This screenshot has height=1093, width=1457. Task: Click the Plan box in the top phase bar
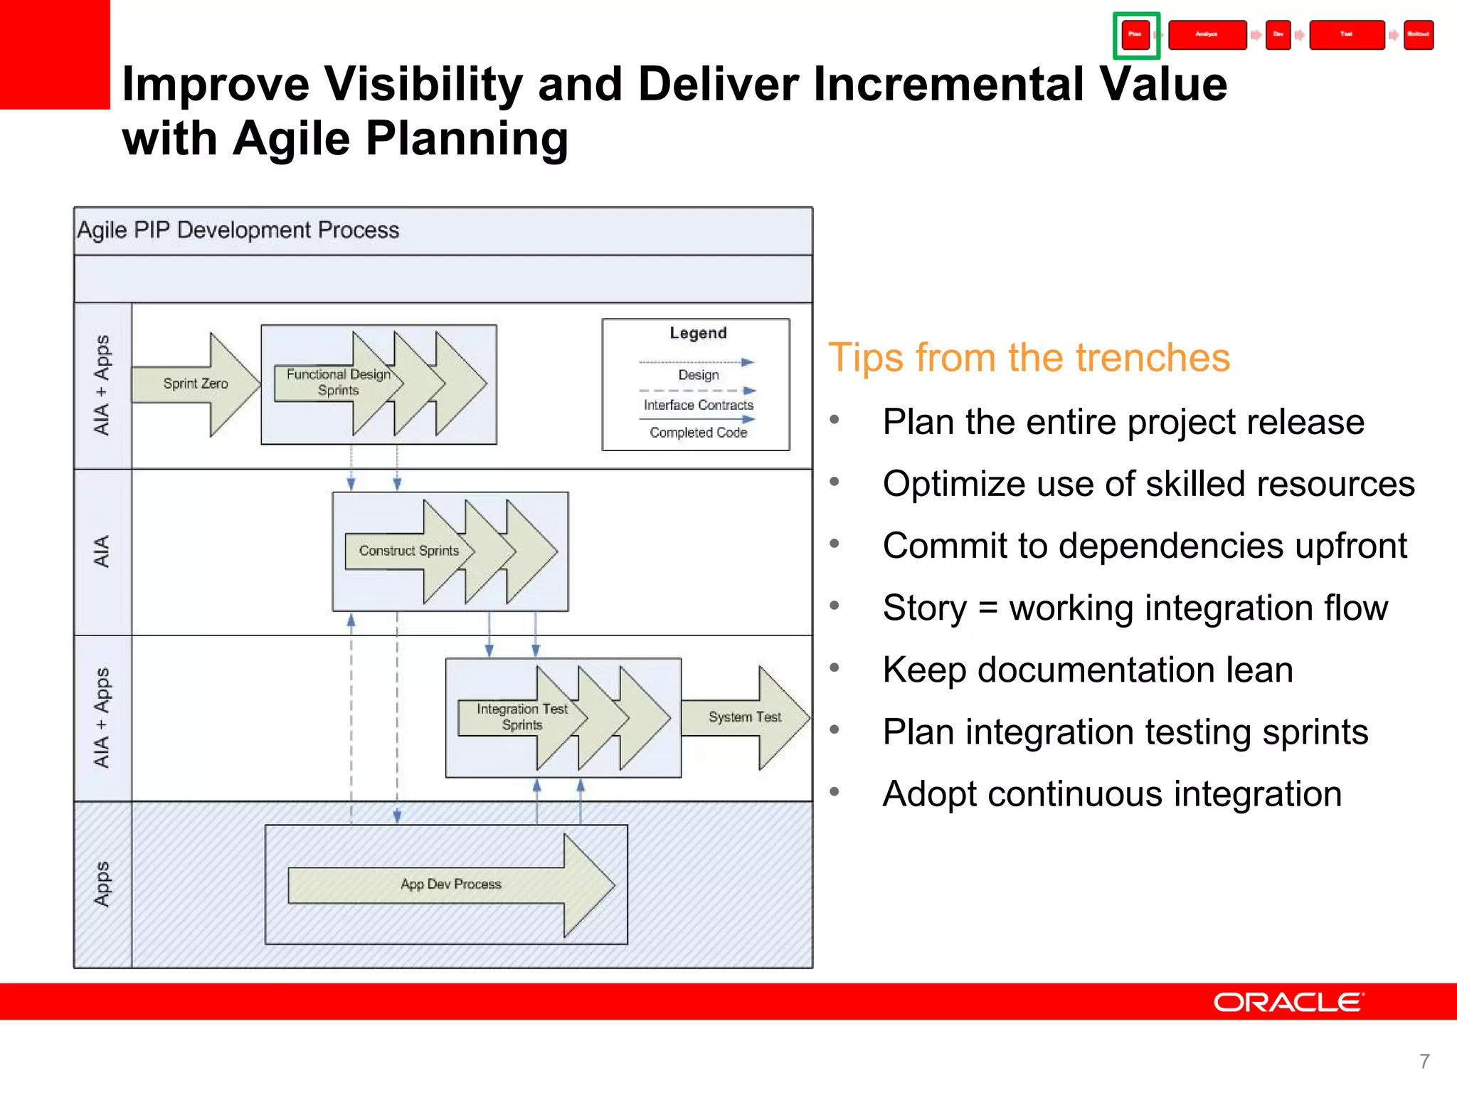(x=1135, y=35)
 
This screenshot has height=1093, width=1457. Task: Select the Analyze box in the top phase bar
(x=1207, y=35)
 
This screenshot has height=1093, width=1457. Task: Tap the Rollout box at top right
(x=1418, y=35)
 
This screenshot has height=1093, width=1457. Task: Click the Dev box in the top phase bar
(x=1278, y=35)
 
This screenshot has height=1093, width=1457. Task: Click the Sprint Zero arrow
(x=196, y=384)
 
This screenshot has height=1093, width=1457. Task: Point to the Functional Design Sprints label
(x=339, y=382)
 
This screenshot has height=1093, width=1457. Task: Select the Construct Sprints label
(x=408, y=551)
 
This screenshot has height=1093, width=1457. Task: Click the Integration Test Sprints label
(x=521, y=717)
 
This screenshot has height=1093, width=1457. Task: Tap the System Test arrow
(x=744, y=717)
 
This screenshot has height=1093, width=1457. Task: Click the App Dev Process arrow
(x=450, y=885)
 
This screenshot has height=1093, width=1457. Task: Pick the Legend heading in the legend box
(x=698, y=333)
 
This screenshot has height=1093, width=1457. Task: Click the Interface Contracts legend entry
(x=698, y=405)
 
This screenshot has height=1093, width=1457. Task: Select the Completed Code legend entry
(x=698, y=433)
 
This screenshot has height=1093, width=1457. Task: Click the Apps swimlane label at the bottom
(x=102, y=885)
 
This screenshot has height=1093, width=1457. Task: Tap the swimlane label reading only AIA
(x=102, y=551)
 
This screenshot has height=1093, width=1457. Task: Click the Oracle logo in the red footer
(x=1288, y=1002)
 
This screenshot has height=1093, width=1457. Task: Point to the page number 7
(x=1424, y=1061)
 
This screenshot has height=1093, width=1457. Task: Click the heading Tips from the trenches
(x=1029, y=357)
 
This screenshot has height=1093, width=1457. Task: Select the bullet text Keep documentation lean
(x=1087, y=670)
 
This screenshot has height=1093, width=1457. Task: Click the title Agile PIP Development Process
(x=238, y=231)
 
